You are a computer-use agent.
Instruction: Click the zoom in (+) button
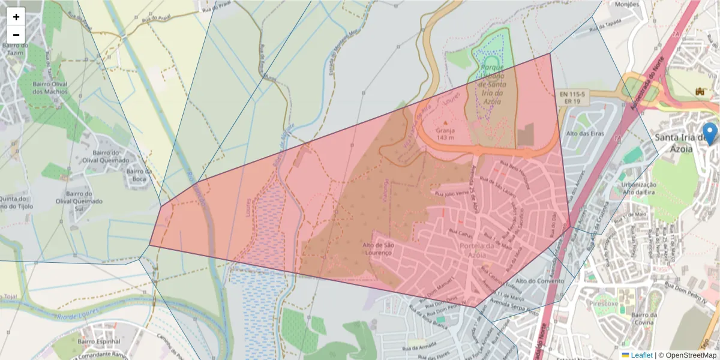pyautogui.click(x=16, y=17)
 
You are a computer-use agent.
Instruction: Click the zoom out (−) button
pyautogui.click(x=16, y=35)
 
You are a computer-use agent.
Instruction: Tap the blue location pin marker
pyautogui.click(x=710, y=133)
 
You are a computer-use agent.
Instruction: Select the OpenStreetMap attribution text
pyautogui.click(x=687, y=355)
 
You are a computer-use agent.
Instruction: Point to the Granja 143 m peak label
pyautogui.click(x=445, y=133)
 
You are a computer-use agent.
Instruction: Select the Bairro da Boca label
pyautogui.click(x=137, y=175)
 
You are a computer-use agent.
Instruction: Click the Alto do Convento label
pyautogui.click(x=537, y=281)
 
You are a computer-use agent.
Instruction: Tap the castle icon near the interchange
pyautogui.click(x=698, y=91)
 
